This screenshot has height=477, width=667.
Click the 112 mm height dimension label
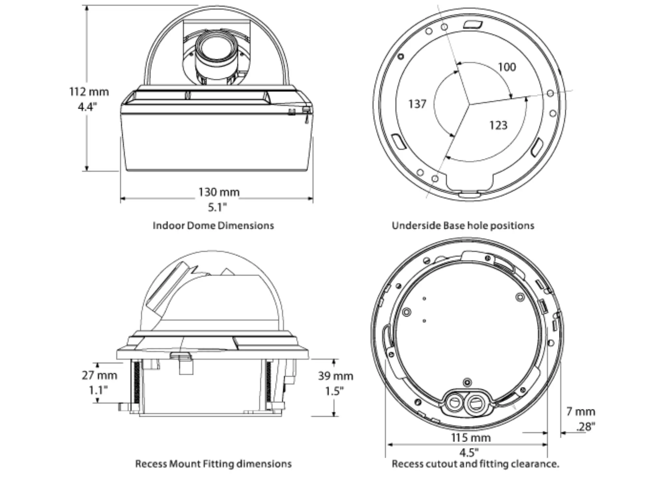coord(89,91)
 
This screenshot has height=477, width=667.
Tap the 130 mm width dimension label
coord(219,192)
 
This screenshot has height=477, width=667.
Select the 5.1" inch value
coord(217,207)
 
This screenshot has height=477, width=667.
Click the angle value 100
coord(507,67)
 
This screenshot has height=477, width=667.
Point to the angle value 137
coord(417,104)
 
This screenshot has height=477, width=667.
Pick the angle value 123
coord(498,125)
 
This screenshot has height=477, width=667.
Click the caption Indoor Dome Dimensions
coord(213,226)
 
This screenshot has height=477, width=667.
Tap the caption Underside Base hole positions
coord(463,226)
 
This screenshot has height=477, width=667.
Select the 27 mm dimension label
coord(99,376)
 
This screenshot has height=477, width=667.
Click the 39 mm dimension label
coord(336,376)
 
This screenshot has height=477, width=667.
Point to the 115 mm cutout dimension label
coord(471,438)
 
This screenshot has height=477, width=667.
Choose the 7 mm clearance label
coord(581,412)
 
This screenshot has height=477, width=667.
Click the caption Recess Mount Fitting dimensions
coord(213,464)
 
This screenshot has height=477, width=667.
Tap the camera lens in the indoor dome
coord(216,53)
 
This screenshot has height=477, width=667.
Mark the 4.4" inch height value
coord(87,107)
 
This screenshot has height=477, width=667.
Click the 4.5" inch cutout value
coord(469,453)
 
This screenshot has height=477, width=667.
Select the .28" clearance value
coord(586,426)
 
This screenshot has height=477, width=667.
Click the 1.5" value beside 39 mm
coord(335,391)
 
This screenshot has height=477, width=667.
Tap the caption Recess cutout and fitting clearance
coord(476,464)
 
